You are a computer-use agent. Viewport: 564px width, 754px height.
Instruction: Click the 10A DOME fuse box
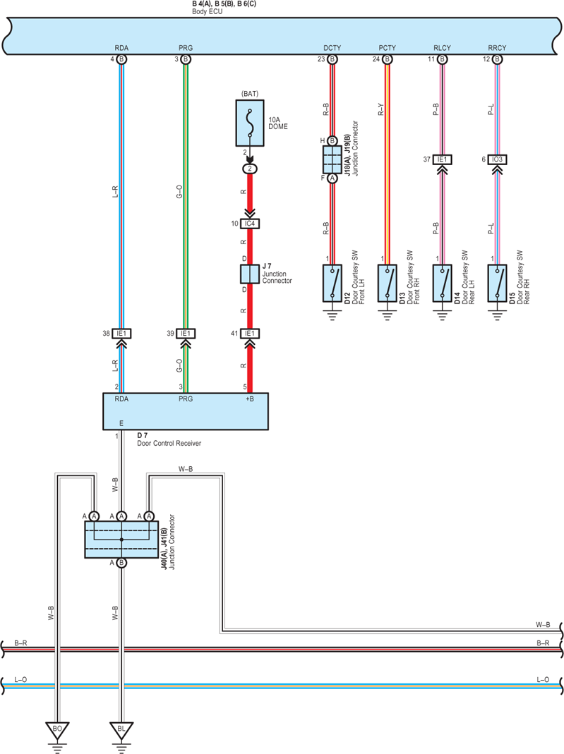pyautogui.click(x=250, y=123)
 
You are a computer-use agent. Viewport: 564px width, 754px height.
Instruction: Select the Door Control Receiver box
pyautogui.click(x=186, y=411)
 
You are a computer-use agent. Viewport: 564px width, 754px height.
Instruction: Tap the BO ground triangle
pyautogui.click(x=57, y=731)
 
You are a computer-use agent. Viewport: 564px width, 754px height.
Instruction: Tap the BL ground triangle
pyautogui.click(x=121, y=731)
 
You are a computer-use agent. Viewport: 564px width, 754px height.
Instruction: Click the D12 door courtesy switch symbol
pyautogui.click(x=332, y=283)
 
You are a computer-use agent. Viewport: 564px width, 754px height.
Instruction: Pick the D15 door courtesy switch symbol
pyautogui.click(x=497, y=283)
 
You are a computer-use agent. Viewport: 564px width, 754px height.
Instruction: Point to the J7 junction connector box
pyautogui.click(x=250, y=274)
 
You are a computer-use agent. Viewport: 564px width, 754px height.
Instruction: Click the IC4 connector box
pyautogui.click(x=250, y=224)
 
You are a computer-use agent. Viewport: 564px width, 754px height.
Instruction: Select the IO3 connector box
pyautogui.click(x=497, y=159)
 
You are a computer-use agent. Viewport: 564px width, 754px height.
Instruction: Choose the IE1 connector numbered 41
pyautogui.click(x=250, y=333)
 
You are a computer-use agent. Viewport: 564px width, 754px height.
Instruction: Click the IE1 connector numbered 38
pyautogui.click(x=121, y=333)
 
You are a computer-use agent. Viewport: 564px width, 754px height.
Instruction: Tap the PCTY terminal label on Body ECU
pyautogui.click(x=387, y=48)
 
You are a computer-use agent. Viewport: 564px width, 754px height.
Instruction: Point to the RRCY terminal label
pyautogui.click(x=497, y=48)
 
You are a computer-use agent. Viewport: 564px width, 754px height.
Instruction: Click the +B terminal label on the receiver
pyautogui.click(x=249, y=399)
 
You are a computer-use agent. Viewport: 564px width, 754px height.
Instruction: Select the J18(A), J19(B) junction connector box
pyautogui.click(x=332, y=159)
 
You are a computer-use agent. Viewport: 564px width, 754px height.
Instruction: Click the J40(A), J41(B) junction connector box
pyautogui.click(x=121, y=540)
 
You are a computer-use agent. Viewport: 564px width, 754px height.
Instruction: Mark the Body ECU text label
pyautogui.click(x=208, y=11)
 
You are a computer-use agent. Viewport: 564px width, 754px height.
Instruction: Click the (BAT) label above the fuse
pyautogui.click(x=250, y=94)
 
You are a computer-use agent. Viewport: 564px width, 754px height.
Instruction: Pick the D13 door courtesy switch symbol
pyautogui.click(x=388, y=283)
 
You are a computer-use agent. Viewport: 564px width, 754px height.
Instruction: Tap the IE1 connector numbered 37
pyautogui.click(x=443, y=159)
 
